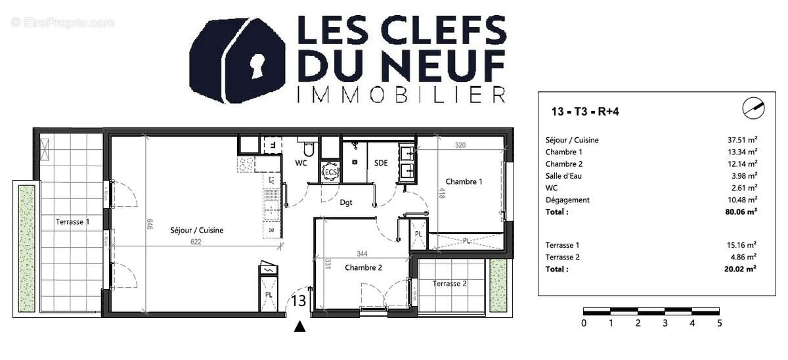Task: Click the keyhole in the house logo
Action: coord(257,66)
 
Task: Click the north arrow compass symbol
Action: coord(753,108)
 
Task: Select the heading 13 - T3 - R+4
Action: coord(585,111)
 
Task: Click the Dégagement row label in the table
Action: coord(567,200)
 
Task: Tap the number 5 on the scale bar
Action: coord(719,323)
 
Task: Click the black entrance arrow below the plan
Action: coord(300,326)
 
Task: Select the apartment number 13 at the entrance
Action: coord(298,302)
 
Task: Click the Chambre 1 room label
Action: coord(464,181)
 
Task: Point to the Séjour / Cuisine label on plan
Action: coord(197,230)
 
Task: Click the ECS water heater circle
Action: coord(330,172)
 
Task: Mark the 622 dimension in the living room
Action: coord(196,242)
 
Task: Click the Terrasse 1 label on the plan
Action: coord(72,222)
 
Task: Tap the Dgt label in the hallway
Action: coord(346,202)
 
